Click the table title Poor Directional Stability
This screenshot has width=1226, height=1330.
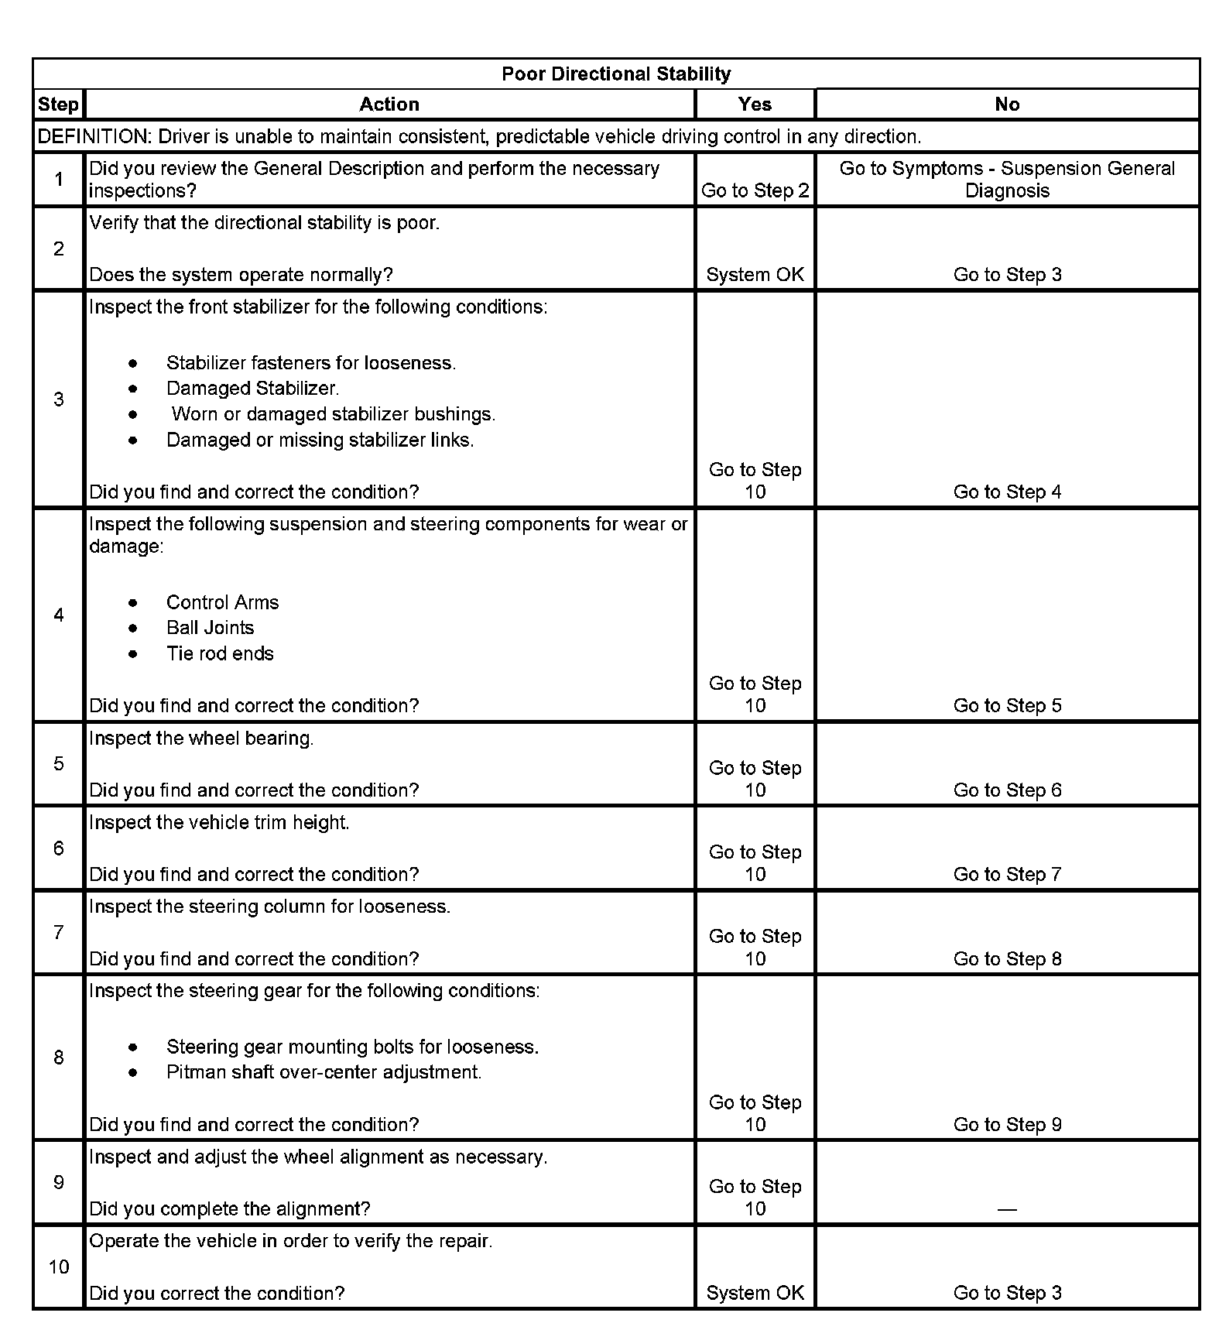pyautogui.click(x=616, y=74)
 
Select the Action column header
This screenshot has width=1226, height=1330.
pyautogui.click(x=389, y=105)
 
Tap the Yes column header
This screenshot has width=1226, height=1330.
pyautogui.click(x=755, y=105)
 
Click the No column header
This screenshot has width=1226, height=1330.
pyautogui.click(x=1007, y=105)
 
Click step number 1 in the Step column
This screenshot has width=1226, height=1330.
pyautogui.click(x=59, y=180)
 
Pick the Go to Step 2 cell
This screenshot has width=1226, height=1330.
pyautogui.click(x=755, y=191)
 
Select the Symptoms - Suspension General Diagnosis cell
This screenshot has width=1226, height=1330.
pyautogui.click(x=1007, y=180)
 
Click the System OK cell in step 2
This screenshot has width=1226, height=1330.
pyautogui.click(x=755, y=275)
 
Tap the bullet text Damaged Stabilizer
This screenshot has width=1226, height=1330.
pyautogui.click(x=252, y=389)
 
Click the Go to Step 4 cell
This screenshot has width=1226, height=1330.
pyautogui.click(x=1007, y=492)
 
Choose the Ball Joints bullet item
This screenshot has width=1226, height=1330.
pyautogui.click(x=210, y=628)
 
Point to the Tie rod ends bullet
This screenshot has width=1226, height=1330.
pyautogui.click(x=220, y=654)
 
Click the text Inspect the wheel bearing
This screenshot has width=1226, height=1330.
pyautogui.click(x=201, y=739)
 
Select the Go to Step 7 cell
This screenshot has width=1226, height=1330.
pyautogui.click(x=1007, y=875)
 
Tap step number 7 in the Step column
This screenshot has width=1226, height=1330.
pyautogui.click(x=59, y=933)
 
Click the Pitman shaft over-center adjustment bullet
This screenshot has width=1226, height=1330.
pyautogui.click(x=324, y=1072)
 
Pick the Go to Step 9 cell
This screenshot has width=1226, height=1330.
pyautogui.click(x=1007, y=1125)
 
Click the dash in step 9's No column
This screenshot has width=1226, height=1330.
pyautogui.click(x=1007, y=1209)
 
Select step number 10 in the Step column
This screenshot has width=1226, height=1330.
pyautogui.click(x=59, y=1267)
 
